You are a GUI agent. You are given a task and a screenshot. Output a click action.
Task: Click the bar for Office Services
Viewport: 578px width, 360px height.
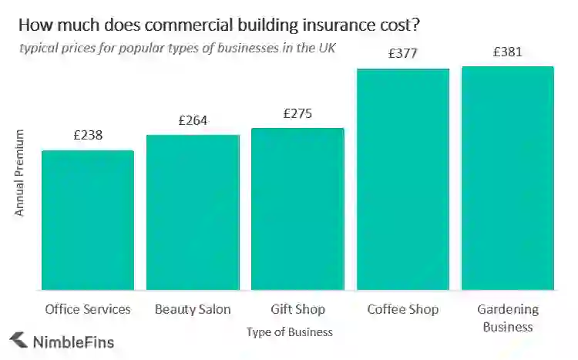[88, 220]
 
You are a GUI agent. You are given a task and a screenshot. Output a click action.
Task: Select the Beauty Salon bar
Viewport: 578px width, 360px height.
[193, 212]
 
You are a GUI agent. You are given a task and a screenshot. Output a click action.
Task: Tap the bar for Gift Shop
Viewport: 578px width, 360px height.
[297, 209]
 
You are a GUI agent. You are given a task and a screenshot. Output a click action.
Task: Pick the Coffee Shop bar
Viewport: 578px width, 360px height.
[402, 179]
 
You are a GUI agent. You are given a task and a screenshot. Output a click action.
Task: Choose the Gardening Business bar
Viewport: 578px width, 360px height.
[508, 178]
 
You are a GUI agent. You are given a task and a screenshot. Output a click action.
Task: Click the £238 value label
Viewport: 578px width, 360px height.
[88, 135]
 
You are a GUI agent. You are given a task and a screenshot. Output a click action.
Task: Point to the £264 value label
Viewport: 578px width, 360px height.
[193, 120]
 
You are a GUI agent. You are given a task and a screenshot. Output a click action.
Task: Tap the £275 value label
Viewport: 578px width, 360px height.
[297, 113]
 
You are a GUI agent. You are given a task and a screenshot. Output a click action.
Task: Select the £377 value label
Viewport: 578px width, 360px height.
[402, 53]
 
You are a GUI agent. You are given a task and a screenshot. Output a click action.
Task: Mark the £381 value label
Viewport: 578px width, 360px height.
[508, 52]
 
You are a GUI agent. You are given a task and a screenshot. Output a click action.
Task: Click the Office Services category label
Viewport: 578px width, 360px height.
[88, 309]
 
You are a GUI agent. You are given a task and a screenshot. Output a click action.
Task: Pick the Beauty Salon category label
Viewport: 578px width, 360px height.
[193, 309]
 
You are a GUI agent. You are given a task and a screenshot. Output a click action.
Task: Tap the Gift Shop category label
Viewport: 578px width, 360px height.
[297, 309]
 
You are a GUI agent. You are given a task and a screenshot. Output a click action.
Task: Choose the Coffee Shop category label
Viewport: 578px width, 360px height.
[402, 309]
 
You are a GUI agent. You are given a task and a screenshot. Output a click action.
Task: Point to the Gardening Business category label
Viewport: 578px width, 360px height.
[508, 318]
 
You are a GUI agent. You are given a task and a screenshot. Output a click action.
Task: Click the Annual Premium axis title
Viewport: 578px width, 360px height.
[20, 173]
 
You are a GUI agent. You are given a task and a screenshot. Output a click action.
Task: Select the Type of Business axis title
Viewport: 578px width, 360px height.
[290, 332]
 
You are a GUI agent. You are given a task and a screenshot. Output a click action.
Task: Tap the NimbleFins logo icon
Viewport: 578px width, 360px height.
[17, 340]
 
